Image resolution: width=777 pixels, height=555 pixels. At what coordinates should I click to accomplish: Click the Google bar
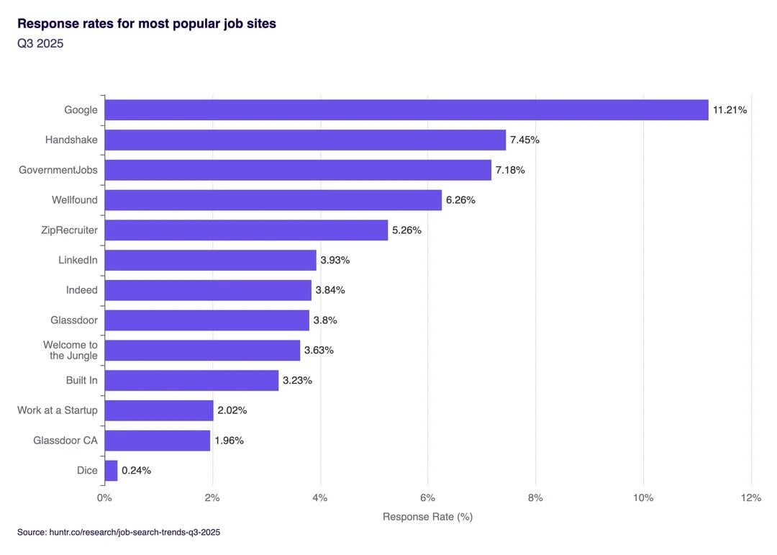[406, 110]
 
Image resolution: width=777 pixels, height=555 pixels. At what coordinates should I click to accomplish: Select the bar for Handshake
[305, 140]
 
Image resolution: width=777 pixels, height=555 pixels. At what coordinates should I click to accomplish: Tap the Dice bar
[111, 471]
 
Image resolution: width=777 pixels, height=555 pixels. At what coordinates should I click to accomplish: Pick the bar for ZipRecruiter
[246, 230]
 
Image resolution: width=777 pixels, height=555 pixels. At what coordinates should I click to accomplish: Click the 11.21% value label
[730, 110]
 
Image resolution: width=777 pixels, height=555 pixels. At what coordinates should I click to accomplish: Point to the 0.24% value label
[136, 471]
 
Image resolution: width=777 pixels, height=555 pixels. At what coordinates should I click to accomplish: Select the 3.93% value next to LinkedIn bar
[335, 260]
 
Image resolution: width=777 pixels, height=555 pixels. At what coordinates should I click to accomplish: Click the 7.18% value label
[510, 170]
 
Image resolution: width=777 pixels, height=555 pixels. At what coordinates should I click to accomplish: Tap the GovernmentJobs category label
[58, 170]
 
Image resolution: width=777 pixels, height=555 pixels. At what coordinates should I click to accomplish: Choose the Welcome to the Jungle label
[71, 351]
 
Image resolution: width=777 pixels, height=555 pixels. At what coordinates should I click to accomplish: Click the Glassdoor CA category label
[65, 441]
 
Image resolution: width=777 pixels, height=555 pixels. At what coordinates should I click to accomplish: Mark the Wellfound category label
[75, 200]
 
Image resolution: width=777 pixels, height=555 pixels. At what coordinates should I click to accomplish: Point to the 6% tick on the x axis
[427, 497]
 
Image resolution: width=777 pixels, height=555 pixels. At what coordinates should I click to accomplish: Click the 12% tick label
[750, 497]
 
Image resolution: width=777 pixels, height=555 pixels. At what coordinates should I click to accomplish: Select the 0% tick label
[104, 497]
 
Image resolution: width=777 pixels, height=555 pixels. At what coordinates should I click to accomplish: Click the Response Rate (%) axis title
[427, 517]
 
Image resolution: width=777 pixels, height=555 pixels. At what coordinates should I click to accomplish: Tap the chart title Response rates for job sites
[147, 24]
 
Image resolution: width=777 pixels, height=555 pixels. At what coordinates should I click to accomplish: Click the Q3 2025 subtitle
[40, 44]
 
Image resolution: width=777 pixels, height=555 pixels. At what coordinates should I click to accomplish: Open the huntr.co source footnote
[119, 533]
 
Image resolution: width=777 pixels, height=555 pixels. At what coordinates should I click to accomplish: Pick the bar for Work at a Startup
[159, 410]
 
